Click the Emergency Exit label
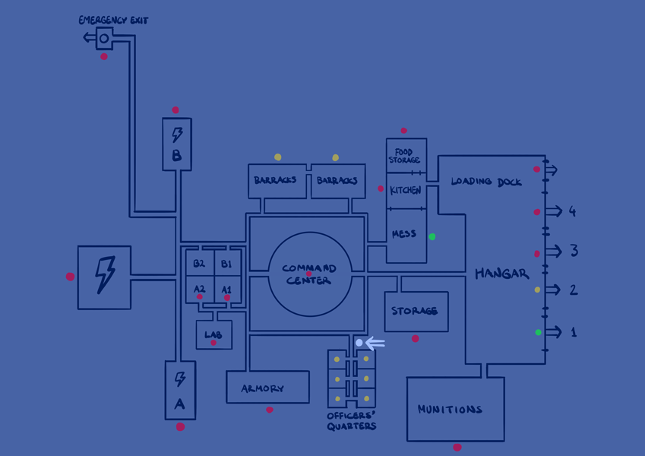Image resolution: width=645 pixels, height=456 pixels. coord(113,20)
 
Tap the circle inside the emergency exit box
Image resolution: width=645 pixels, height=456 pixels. coord(104,38)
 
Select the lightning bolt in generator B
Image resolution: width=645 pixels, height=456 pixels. coord(177,135)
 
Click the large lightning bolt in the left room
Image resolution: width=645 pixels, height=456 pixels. coord(105,274)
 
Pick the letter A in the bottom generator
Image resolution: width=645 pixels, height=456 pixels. coord(180,404)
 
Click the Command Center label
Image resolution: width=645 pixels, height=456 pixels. coord(309,274)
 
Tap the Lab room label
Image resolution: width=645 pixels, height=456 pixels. coord(213,334)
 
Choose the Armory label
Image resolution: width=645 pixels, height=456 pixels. coord(263,389)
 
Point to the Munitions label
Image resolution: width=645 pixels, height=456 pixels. coord(450,410)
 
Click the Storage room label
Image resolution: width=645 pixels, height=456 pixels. coord(415,311)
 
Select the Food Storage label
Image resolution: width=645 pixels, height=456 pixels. coord(404,156)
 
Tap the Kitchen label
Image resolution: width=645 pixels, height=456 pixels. coord(406,190)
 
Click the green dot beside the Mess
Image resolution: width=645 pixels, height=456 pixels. coord(432,237)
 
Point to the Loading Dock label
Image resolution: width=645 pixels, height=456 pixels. coord(486,182)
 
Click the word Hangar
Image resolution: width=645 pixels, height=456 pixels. coord(501,274)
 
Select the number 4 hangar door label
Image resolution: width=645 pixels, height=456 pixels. coord(572,211)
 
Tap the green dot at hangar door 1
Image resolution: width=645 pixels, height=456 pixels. coord(539,332)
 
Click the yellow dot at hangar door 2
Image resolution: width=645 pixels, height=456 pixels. coord(538,290)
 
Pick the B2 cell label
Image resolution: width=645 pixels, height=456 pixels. coord(199,264)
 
